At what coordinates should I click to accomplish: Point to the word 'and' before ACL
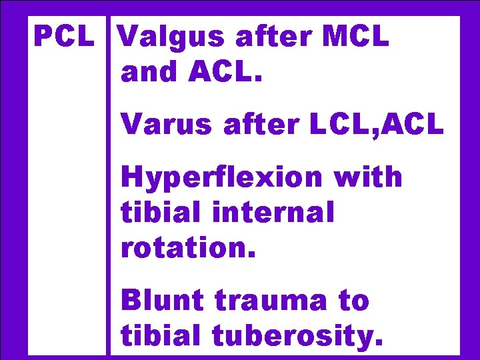click(149, 71)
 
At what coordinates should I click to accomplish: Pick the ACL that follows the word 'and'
click(226, 71)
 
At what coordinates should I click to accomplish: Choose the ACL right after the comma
click(414, 124)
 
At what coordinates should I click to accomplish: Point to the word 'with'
click(369, 177)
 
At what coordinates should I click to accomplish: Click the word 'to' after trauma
click(354, 301)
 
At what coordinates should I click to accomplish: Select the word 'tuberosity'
click(297, 336)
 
